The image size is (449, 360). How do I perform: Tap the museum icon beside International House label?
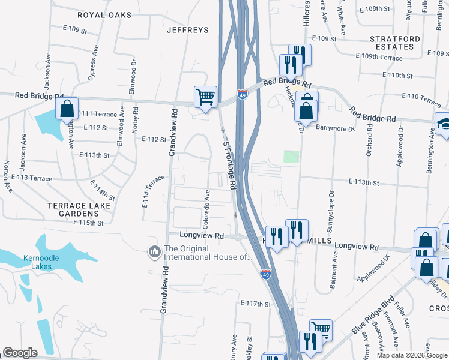(x=155, y=250)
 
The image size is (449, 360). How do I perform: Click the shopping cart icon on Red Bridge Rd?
(x=205, y=97)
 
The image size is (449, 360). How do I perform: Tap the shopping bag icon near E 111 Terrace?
(x=67, y=109)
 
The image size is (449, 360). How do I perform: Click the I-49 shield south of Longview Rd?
(x=265, y=273)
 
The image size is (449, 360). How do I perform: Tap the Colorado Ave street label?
(x=206, y=209)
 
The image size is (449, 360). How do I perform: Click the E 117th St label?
(x=256, y=304)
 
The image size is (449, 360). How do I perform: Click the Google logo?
(x=20, y=353)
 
